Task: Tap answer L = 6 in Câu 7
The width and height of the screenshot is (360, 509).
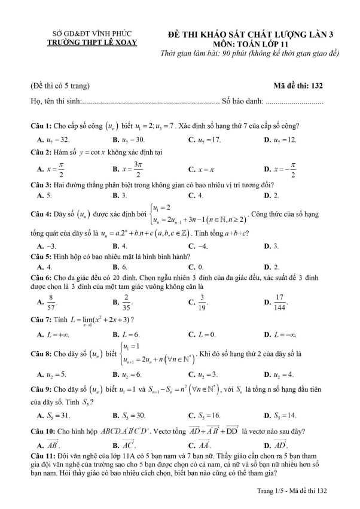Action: (x=130, y=334)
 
